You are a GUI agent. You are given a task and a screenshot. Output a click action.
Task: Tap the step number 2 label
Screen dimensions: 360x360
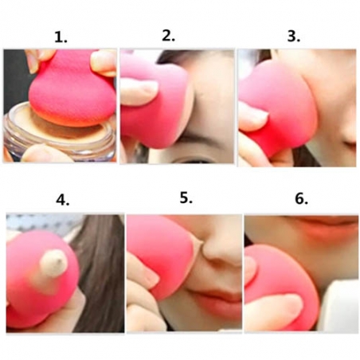(168, 35)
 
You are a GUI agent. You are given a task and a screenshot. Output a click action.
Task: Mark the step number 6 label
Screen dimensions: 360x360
(301, 198)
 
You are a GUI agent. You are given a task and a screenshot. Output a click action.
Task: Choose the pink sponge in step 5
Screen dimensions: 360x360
(159, 255)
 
